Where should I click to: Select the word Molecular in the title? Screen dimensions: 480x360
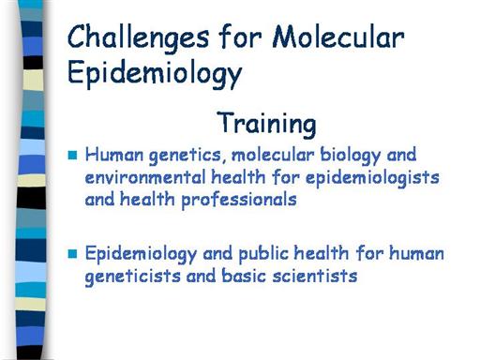(x=338, y=37)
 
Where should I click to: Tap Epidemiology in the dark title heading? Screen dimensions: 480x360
(x=155, y=74)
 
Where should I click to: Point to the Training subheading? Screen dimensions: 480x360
(x=266, y=124)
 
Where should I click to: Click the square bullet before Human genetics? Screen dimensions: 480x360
(x=72, y=155)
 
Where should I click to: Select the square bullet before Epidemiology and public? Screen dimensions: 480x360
(x=72, y=254)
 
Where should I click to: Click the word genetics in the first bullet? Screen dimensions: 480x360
(x=185, y=156)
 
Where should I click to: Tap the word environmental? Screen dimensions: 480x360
(x=145, y=177)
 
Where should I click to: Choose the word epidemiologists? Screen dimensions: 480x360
(x=372, y=178)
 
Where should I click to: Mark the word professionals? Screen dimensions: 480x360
(x=239, y=200)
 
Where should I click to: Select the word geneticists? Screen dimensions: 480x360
(x=132, y=277)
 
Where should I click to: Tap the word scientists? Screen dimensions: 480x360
(x=315, y=277)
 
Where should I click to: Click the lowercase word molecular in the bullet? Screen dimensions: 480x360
(x=273, y=156)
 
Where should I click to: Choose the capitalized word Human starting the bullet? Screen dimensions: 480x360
(x=114, y=155)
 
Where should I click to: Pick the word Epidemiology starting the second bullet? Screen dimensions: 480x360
(x=141, y=254)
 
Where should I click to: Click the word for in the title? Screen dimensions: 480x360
(x=241, y=37)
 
